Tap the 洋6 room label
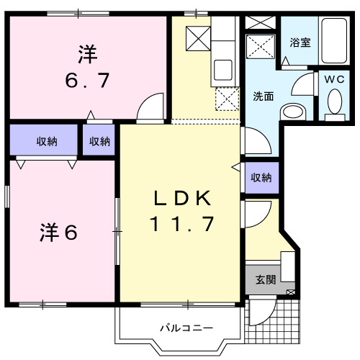pos(58,232)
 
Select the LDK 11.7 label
pos(182,211)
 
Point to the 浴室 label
pos(300,42)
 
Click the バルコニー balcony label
pos(186,328)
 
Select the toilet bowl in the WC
pos(333,104)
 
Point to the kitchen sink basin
pos(222,71)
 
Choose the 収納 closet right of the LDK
pos(261,177)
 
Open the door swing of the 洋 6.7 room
pos(150,109)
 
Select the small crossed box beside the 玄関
pos(290,292)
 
